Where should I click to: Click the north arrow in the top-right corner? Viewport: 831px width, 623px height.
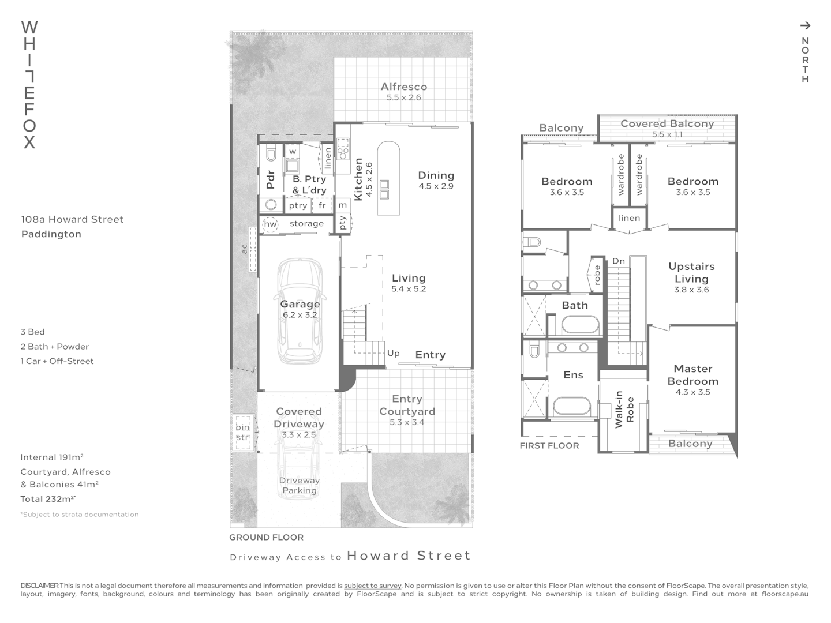(805, 25)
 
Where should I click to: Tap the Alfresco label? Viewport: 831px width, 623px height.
(404, 87)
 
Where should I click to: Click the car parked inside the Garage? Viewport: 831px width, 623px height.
(300, 311)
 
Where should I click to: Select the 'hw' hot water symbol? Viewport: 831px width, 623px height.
(270, 224)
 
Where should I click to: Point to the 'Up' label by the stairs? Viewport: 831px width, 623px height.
(394, 353)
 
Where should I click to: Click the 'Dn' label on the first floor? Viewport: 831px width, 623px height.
(619, 261)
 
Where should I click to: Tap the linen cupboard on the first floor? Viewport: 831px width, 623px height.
(629, 218)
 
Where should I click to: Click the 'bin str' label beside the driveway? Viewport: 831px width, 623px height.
(242, 432)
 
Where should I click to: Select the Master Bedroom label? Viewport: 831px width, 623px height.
(692, 374)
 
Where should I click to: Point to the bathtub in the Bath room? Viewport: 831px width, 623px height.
(582, 325)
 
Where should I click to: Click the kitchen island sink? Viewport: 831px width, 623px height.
(384, 189)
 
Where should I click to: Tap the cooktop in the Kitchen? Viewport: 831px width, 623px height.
(343, 149)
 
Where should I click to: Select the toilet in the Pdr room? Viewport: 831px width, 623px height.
(270, 154)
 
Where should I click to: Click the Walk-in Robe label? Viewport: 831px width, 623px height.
(624, 409)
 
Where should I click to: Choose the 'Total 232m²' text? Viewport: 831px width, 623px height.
(48, 499)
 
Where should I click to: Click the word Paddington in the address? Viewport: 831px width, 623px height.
(51, 234)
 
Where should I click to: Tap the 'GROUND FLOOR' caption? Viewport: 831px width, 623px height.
(266, 537)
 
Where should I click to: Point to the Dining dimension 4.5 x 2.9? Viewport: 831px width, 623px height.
(436, 186)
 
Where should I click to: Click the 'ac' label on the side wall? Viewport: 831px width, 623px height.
(244, 249)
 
